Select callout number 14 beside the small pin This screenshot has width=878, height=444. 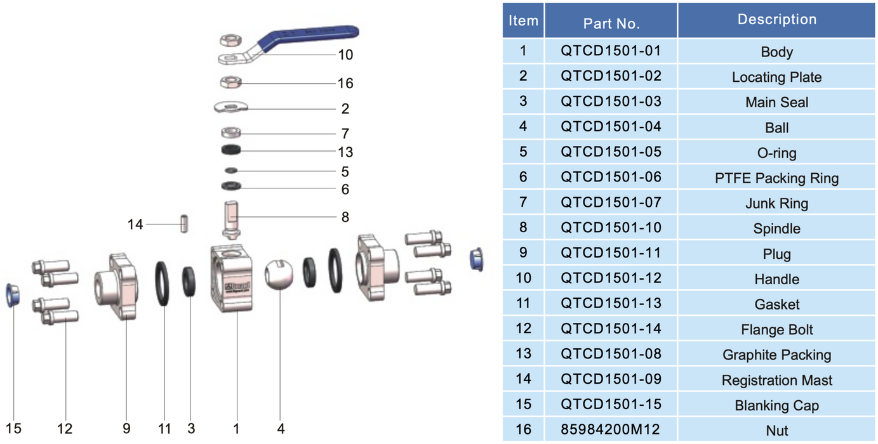(135, 224)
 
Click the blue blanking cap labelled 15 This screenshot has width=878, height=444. (12, 295)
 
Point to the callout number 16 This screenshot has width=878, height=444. (345, 83)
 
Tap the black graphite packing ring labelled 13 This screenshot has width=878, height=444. (232, 150)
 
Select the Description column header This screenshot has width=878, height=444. (776, 20)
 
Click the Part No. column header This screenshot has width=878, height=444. (611, 23)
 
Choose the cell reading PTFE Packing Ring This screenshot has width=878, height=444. (776, 178)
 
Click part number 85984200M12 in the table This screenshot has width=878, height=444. (611, 429)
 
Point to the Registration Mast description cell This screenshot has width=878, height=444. (776, 381)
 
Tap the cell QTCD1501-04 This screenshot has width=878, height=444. (611, 127)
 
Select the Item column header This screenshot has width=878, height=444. (523, 20)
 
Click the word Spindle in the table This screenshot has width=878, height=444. (776, 229)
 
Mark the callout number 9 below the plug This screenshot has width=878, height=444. (126, 429)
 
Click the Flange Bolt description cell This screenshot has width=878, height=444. (776, 330)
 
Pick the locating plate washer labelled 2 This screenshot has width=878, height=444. (230, 107)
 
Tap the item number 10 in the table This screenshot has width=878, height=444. (523, 278)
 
